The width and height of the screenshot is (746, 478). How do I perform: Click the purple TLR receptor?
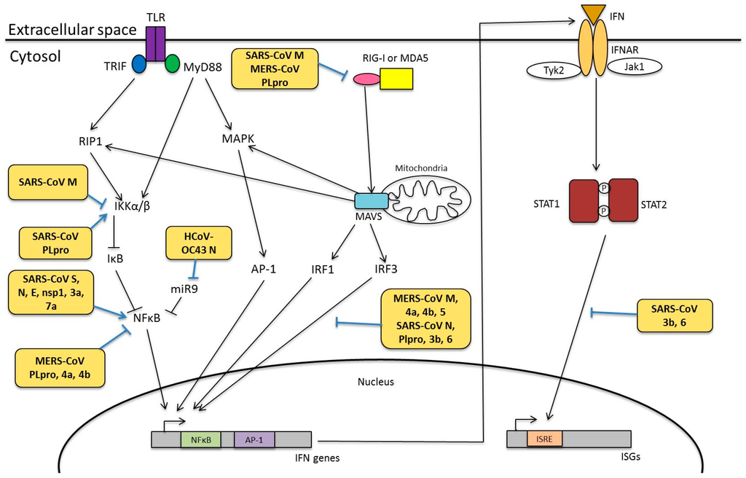click(x=154, y=43)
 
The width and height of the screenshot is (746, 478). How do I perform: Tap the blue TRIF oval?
click(x=139, y=63)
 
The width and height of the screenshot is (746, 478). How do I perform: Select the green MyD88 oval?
click(x=172, y=63)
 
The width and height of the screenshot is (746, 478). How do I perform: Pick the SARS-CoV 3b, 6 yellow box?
click(x=675, y=316)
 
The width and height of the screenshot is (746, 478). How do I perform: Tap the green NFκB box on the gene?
click(x=200, y=439)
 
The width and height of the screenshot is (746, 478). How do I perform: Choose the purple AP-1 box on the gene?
click(x=254, y=439)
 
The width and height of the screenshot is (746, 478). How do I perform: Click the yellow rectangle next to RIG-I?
click(x=396, y=78)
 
